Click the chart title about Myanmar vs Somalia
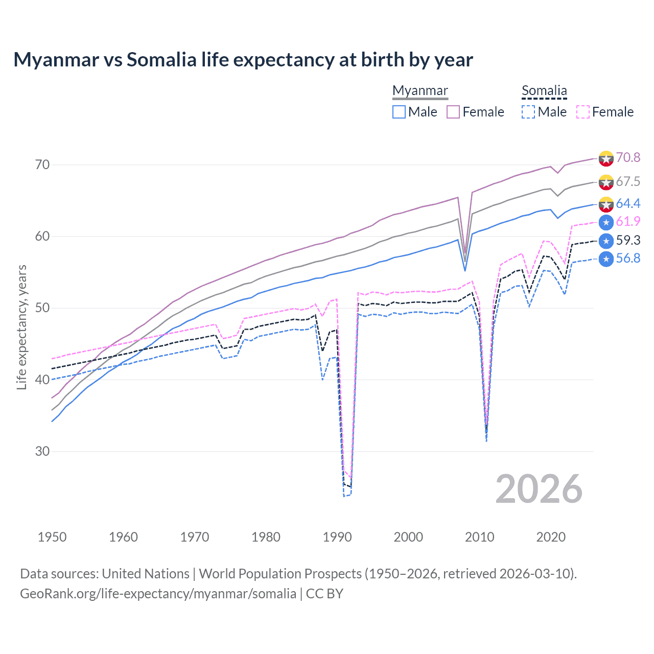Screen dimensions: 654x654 coord(243,60)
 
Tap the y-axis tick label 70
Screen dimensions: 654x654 coord(42,165)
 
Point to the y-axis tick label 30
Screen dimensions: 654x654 coord(42,451)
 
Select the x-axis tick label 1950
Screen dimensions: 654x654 coord(52,537)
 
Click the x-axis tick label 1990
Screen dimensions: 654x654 coord(337,537)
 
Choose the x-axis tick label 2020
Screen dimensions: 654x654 coord(551,537)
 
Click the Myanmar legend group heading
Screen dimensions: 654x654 coord(420,90)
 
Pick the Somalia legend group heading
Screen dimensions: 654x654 coord(544,90)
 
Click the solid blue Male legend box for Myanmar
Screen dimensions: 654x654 coord(399,112)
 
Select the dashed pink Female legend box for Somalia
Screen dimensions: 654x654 coord(583,112)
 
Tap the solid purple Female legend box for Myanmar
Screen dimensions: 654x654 coord(453,112)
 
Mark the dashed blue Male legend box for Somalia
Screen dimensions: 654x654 coord(528,112)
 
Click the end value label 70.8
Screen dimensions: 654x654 coord(628,157)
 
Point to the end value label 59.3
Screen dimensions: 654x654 coord(628,241)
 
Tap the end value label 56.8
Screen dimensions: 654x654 coord(628,259)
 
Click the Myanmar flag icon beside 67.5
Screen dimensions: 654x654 coord(606,182)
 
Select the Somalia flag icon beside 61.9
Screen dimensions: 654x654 coord(606,222)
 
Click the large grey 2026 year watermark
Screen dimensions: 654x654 coord(539,489)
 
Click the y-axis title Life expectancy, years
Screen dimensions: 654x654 coord(22,327)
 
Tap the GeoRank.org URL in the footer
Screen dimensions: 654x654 coord(158,594)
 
